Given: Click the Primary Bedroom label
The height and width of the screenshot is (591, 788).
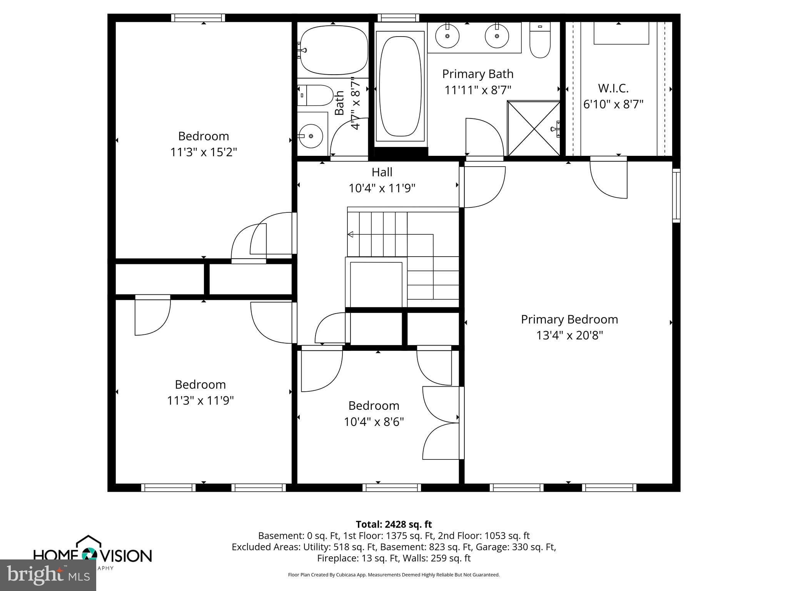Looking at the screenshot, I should (x=569, y=319).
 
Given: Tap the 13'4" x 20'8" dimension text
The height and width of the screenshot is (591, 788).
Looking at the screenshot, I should (x=569, y=336).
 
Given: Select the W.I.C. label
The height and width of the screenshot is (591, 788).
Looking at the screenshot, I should (x=613, y=88).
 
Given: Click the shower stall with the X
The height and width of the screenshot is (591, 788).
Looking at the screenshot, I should (x=534, y=128).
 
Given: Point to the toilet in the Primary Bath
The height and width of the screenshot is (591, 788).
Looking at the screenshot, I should (x=540, y=40).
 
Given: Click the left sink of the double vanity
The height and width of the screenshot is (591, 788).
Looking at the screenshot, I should (x=447, y=36).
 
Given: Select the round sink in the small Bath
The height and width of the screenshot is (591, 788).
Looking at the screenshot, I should (x=311, y=136).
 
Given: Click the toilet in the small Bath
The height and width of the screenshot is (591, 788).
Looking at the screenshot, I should (x=316, y=95).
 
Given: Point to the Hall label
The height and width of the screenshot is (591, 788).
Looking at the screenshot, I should (x=382, y=172).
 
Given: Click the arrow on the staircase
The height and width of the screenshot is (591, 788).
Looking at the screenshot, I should (x=351, y=234).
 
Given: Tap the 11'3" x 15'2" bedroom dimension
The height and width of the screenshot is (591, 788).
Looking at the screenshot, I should (x=204, y=152).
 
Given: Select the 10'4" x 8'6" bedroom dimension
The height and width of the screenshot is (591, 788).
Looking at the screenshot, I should (x=374, y=422).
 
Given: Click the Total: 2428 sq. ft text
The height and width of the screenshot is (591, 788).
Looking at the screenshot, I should (x=394, y=524).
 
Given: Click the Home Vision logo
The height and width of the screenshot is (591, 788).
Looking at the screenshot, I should (x=92, y=554).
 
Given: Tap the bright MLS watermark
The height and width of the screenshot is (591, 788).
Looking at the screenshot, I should (x=48, y=575).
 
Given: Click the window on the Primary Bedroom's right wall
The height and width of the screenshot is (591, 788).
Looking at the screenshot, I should (x=676, y=195).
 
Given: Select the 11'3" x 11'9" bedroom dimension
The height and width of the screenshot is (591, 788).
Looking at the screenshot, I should (x=200, y=401).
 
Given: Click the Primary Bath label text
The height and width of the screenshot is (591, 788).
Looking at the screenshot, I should (x=477, y=74).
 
